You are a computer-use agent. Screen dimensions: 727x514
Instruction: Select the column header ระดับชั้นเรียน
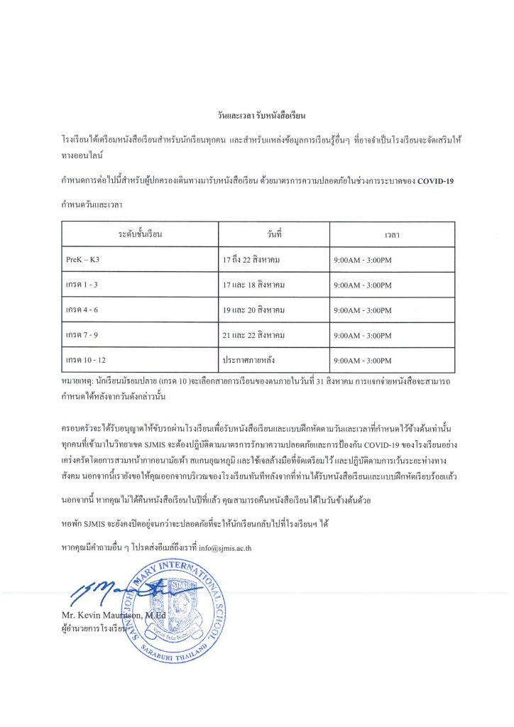141,234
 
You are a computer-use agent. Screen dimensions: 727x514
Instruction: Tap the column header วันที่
274,234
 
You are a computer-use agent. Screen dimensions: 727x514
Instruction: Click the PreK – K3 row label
83,260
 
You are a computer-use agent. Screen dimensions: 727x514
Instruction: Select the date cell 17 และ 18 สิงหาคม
254,285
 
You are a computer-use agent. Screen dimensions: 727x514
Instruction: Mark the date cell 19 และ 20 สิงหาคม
254,310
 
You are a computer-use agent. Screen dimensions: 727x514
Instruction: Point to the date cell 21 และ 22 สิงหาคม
254,335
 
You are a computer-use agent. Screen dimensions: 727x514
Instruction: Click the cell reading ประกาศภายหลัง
249,361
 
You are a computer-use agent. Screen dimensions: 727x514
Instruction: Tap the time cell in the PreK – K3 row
362,260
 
